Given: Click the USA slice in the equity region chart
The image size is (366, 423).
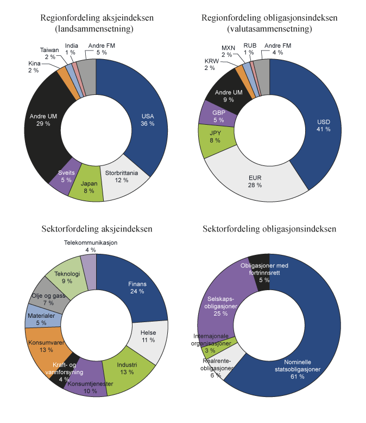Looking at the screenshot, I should (x=148, y=120).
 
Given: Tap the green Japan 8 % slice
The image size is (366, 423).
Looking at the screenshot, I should (x=87, y=187).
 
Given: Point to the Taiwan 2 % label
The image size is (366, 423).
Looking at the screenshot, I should (x=49, y=53).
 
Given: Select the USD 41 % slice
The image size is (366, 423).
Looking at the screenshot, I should (x=323, y=125).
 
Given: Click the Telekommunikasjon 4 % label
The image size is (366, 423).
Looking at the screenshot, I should (x=91, y=246).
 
